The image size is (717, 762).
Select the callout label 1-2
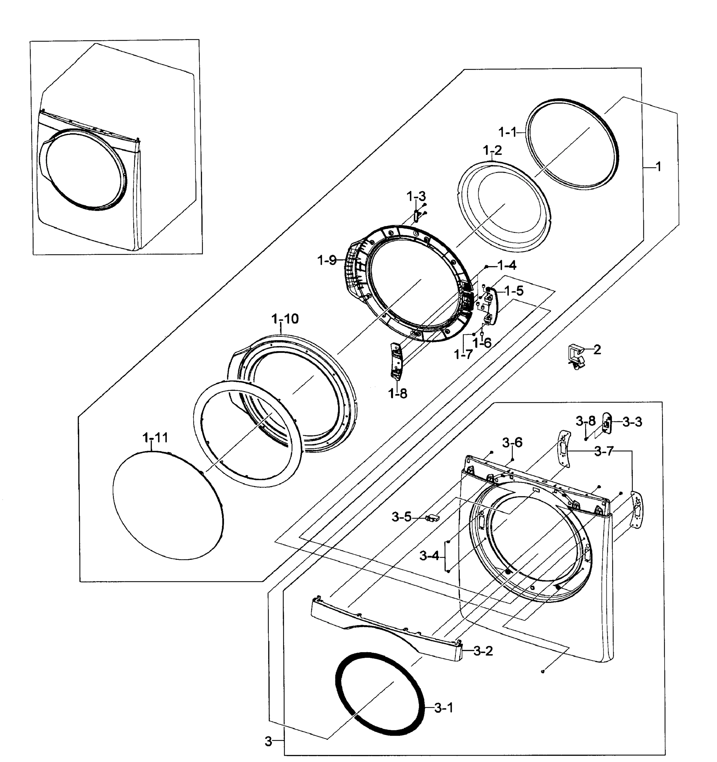coord(492,150)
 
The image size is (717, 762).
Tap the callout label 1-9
coord(327,261)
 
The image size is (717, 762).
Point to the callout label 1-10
coord(285,318)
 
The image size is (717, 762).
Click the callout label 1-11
coord(155,437)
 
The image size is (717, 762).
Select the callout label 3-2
coord(483,651)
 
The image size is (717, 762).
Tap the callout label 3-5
coord(401,517)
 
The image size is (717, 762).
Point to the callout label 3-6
coord(512,443)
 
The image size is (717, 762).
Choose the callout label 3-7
coord(604,451)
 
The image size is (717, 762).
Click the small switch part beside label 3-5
coord(432,518)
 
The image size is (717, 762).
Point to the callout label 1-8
coord(398,393)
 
